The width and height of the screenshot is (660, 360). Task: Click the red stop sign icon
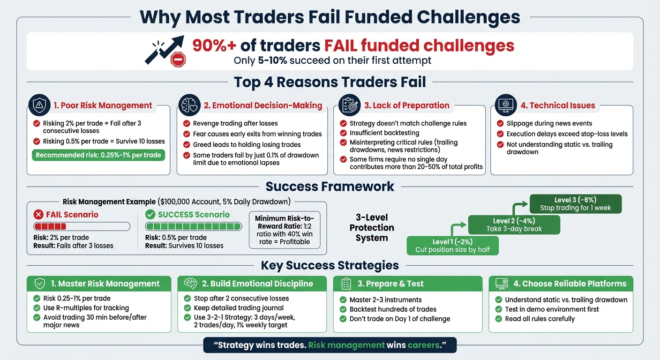tap(178, 59)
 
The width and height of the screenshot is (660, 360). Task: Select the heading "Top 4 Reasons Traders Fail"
tap(330, 82)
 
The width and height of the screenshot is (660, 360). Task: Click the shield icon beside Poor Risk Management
tap(39, 105)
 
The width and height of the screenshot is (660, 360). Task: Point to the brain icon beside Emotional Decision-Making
tap(189, 105)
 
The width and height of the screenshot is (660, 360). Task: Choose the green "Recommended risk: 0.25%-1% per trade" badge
tap(98, 155)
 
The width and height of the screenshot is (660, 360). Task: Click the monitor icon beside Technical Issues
tap(505, 105)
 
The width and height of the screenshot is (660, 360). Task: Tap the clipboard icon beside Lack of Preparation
tap(349, 105)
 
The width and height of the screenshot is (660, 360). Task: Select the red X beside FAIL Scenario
tap(38, 215)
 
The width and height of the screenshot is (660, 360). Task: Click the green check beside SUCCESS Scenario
tap(150, 215)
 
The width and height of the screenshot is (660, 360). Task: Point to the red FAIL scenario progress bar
tap(82, 227)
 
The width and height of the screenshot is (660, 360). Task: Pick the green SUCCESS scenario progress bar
tap(193, 227)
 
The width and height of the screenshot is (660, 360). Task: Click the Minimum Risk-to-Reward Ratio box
tap(285, 230)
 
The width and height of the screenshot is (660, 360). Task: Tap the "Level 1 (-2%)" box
tap(452, 246)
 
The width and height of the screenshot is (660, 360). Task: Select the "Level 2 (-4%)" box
tap(514, 225)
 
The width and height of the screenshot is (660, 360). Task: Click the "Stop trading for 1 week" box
tap(575, 204)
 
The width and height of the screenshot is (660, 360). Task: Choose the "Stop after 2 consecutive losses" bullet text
tap(241, 299)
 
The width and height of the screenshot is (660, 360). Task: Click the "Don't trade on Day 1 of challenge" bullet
tap(399, 319)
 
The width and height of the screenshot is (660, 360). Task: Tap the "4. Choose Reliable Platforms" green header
tap(561, 284)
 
